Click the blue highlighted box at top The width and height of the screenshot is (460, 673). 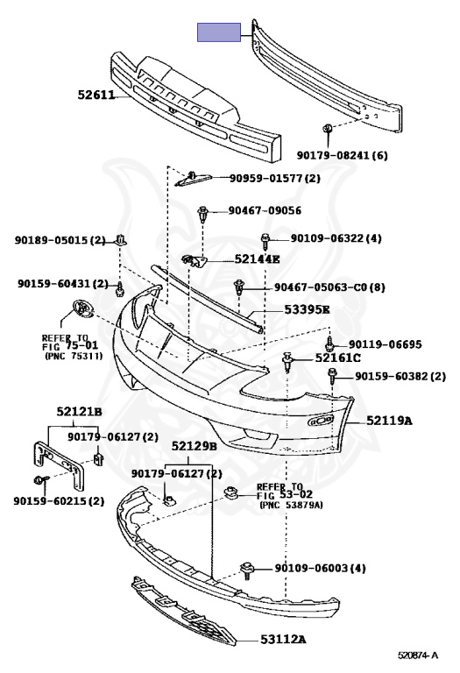(219, 32)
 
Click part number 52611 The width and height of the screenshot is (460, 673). (96, 95)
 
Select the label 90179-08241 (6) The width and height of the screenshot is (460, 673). (342, 155)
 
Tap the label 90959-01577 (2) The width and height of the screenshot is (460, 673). (274, 178)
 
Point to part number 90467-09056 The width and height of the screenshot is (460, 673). (265, 210)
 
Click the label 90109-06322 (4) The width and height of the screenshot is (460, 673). (336, 237)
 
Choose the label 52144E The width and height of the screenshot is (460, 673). (257, 259)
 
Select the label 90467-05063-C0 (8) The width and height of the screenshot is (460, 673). (329, 287)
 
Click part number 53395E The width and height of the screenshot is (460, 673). (308, 309)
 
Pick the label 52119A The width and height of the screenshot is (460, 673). (389, 421)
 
